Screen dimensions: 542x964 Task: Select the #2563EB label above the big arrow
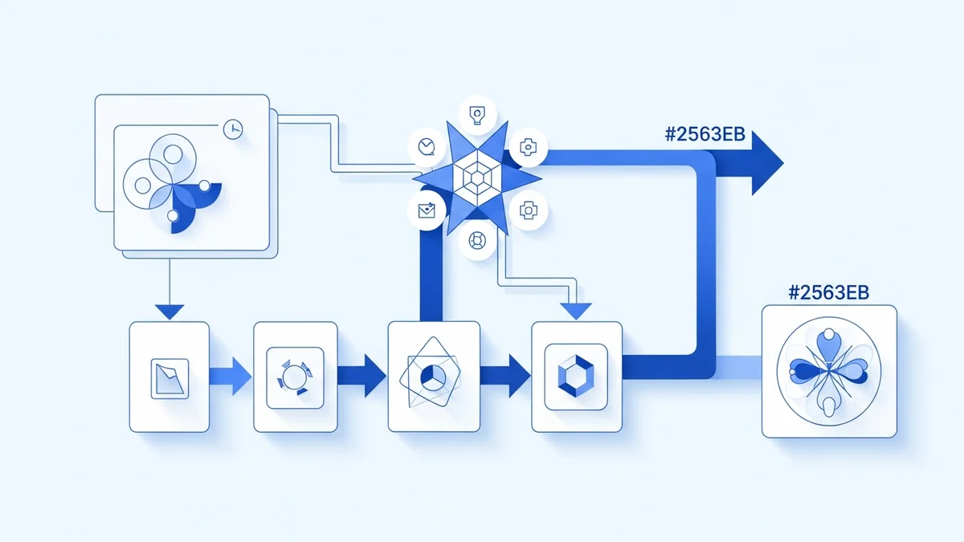[705, 135]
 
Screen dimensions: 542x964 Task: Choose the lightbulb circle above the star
[477, 116]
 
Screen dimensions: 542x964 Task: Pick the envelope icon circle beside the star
[427, 210]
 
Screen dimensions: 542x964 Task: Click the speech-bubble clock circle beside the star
[427, 146]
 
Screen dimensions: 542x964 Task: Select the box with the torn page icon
[170, 376]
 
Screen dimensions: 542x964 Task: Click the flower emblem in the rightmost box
[828, 371]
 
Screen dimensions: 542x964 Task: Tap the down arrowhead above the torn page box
[170, 311]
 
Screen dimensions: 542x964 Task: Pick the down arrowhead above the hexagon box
[575, 311]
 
